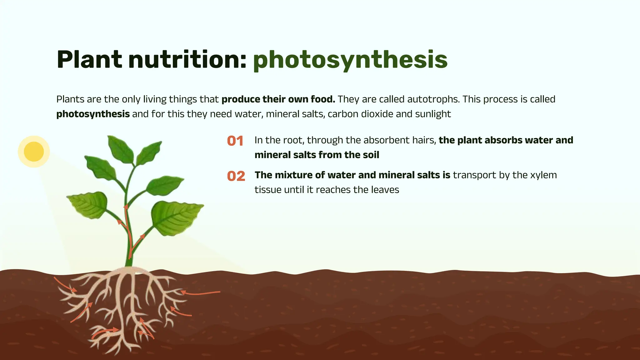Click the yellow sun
point(34,152)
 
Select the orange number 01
point(235,141)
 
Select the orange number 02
point(236,176)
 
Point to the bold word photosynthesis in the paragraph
point(93,114)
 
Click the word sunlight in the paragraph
point(433,114)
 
